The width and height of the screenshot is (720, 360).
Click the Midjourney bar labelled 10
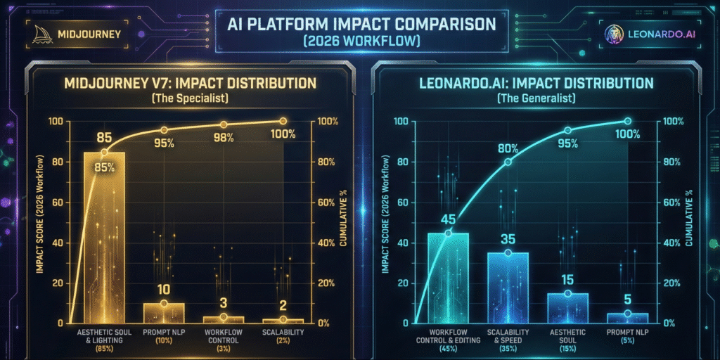pos(164,312)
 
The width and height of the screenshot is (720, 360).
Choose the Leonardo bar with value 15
pos(567,307)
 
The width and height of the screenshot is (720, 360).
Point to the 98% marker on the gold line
pos(224,124)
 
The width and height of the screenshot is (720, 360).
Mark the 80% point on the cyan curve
pos(508,162)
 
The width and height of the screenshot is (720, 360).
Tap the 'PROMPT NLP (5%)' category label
pos(627,336)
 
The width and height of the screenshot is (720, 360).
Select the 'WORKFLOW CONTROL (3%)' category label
pos(224,336)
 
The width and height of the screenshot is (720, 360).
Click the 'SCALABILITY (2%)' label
pos(283,336)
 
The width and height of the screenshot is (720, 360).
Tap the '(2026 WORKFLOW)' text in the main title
pos(360,41)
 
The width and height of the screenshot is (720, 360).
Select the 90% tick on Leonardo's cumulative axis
pos(672,161)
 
